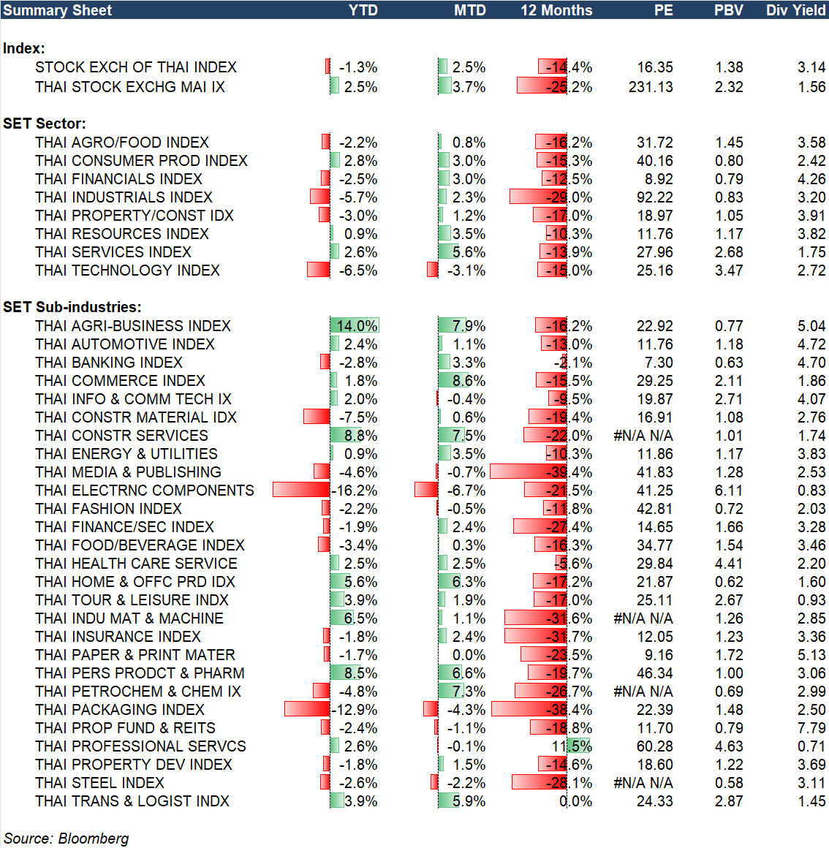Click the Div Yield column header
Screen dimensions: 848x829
(x=795, y=10)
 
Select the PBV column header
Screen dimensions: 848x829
(x=728, y=10)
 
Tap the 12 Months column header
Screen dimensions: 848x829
(x=556, y=10)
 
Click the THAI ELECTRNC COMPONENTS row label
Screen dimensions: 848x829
(x=145, y=491)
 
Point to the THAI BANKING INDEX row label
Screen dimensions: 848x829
(x=109, y=363)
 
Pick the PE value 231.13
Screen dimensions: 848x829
(x=651, y=87)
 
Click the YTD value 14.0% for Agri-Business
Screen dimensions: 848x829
(x=357, y=326)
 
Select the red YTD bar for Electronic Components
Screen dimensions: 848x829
(x=301, y=490)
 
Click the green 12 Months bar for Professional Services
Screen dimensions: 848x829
(x=578, y=746)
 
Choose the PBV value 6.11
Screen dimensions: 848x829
(x=728, y=491)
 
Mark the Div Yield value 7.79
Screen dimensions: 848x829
(x=811, y=728)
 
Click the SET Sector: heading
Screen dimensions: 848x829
(x=45, y=124)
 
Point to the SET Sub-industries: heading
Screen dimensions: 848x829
(x=72, y=307)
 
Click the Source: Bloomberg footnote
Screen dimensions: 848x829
(x=67, y=838)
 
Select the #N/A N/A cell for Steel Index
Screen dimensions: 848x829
(x=643, y=783)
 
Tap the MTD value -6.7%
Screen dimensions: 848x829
(x=466, y=491)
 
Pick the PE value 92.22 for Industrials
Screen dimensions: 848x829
(x=655, y=197)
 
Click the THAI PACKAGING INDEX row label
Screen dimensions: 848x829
(x=120, y=710)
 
